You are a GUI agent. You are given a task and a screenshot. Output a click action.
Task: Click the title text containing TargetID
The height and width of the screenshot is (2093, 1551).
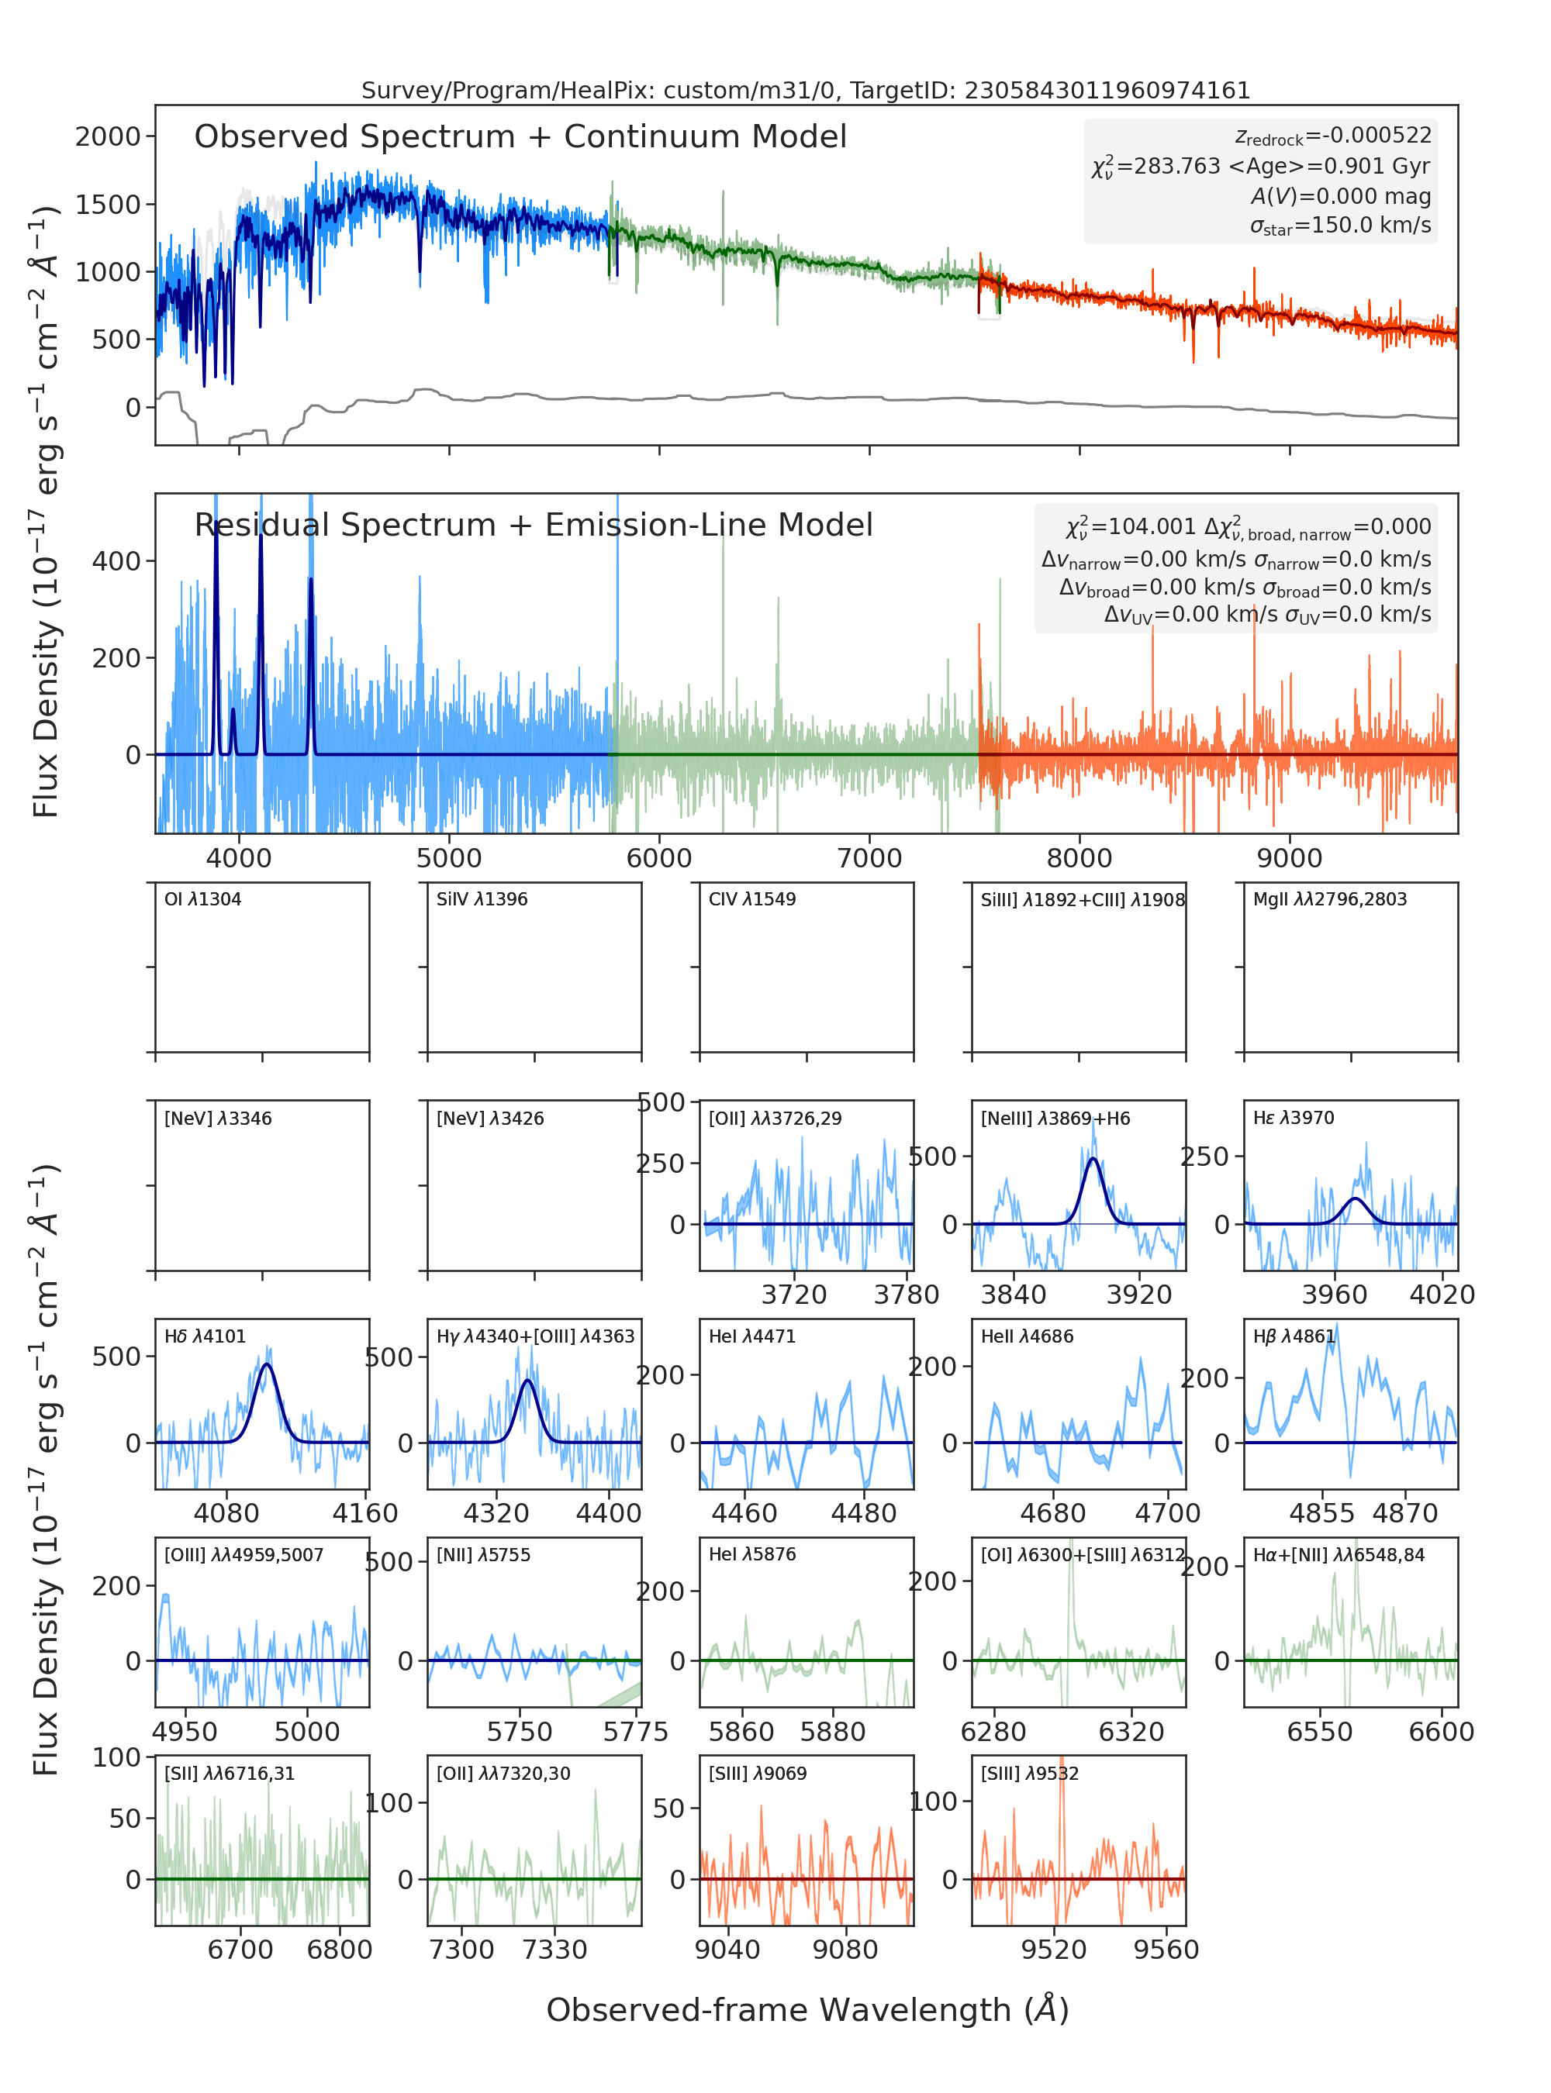point(806,90)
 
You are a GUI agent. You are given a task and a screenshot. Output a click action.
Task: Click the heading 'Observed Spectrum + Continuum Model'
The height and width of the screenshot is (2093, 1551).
point(520,137)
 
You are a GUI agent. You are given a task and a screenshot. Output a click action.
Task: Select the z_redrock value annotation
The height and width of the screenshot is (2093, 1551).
point(1333,136)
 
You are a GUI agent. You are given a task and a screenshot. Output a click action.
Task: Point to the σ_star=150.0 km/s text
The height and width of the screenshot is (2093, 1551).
point(1341,226)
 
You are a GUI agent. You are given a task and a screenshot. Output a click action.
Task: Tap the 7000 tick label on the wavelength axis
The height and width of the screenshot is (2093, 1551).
point(869,858)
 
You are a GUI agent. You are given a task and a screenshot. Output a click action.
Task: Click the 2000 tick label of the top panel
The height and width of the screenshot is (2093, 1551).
point(108,137)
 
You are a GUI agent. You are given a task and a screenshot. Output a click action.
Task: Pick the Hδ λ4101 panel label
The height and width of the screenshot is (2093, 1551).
point(205,1336)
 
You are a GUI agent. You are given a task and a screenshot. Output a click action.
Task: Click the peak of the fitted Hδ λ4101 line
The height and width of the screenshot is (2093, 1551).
point(268,1364)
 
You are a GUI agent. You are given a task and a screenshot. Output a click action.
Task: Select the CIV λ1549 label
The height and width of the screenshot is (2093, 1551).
point(752,899)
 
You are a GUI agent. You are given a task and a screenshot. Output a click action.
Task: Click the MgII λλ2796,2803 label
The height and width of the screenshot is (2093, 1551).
point(1330,899)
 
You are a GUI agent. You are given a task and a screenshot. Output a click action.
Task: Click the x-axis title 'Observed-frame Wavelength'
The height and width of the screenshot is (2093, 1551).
point(807,2009)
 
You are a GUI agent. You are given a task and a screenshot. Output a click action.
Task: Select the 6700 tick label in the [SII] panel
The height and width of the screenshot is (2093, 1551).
point(240,1950)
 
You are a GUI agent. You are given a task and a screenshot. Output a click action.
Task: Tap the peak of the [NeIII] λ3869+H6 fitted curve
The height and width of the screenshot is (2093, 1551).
point(1093,1159)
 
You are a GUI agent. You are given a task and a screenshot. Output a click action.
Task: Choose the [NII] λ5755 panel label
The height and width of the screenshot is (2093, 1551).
point(483,1554)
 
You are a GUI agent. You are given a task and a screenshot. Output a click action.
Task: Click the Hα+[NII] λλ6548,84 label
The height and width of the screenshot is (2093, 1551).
point(1339,1554)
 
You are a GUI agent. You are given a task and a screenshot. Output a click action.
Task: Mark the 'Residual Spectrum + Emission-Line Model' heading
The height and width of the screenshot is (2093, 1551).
point(534,525)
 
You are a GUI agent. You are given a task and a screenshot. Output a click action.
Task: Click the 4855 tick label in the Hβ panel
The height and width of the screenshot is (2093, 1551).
point(1322,1513)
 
